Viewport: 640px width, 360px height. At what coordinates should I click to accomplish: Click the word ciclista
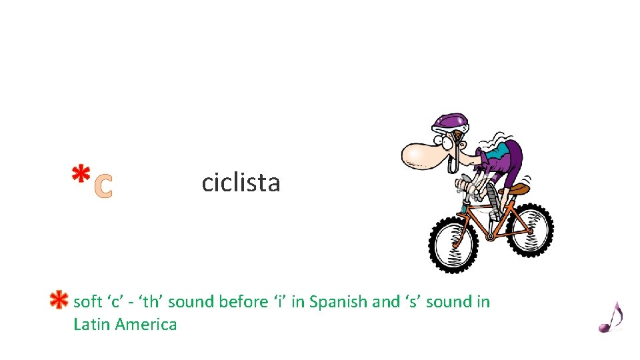coord(241,182)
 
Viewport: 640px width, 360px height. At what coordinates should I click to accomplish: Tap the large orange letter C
coord(103,187)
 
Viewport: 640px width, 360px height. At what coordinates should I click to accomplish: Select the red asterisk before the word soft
coord(59,301)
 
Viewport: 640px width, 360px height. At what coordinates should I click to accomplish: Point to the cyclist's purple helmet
coord(451,122)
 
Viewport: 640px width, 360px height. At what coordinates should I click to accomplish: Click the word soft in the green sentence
coord(87,302)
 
